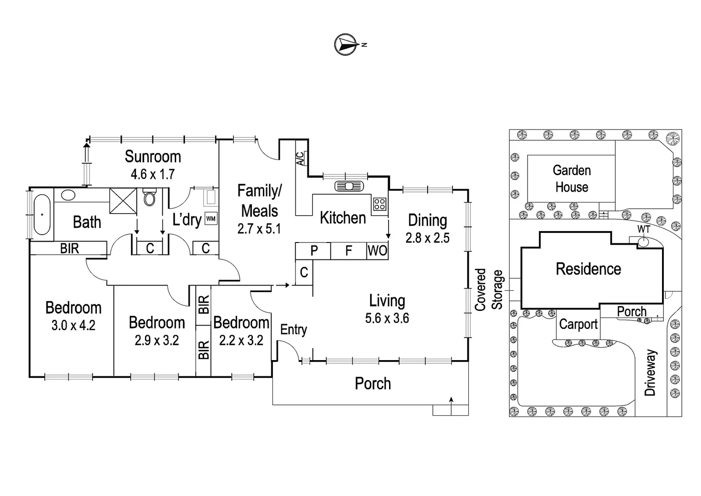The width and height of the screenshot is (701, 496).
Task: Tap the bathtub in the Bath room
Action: [x=42, y=214]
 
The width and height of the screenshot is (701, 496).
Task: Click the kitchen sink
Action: [x=349, y=186]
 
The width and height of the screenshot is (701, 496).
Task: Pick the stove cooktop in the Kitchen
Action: [x=379, y=204]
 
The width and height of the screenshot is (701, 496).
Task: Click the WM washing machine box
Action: [x=211, y=219]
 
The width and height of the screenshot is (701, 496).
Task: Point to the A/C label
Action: [x=300, y=159]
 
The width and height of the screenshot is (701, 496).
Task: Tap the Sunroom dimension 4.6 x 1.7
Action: [x=152, y=175]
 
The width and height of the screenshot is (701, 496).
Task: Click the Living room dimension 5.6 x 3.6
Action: [x=387, y=318]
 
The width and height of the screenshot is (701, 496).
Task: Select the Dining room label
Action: [x=427, y=220]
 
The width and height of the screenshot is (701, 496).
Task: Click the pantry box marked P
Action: [x=314, y=251]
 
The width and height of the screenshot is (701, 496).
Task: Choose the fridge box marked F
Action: [x=349, y=251]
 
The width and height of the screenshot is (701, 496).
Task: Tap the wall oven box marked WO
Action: [x=377, y=251]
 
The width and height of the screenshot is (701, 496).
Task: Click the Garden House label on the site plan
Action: [x=571, y=179]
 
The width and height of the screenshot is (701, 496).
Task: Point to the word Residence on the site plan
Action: [x=588, y=269]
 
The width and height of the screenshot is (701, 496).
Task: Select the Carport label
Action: [x=578, y=324]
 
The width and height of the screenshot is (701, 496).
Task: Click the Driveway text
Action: [x=651, y=372]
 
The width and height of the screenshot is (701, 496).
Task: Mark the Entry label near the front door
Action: [x=293, y=330]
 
